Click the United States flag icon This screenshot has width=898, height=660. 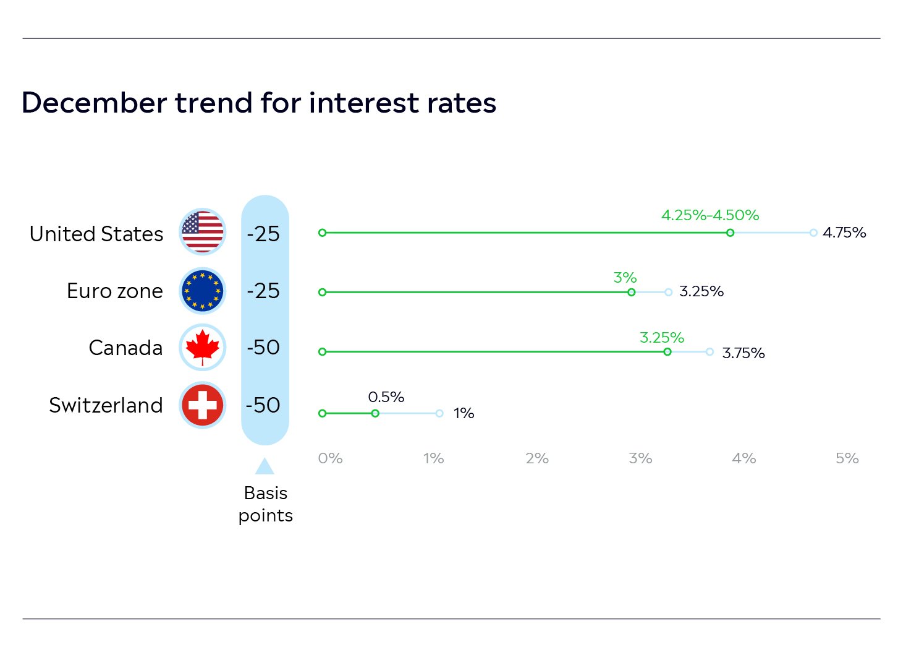point(203,232)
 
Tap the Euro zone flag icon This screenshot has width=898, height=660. point(203,291)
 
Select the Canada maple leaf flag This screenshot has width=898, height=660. point(203,348)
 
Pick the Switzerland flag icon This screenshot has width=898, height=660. point(203,405)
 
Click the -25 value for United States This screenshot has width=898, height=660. point(263,234)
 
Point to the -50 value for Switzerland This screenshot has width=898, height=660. point(263,405)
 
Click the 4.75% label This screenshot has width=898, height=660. point(844,233)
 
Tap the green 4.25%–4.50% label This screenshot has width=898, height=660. point(710,215)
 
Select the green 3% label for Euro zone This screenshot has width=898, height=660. point(625,277)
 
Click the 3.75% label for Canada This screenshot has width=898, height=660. point(743,353)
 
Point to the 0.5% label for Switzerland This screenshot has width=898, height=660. point(386,396)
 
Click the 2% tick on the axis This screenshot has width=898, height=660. point(537,458)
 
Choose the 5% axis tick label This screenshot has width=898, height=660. point(847,458)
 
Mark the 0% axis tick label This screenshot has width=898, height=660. point(330,458)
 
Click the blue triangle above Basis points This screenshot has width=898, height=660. point(265,466)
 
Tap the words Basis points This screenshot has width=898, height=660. point(265,504)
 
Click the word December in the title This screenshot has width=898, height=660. point(94,102)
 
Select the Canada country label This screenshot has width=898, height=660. point(125,348)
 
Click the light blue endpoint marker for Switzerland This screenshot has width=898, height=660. point(439,413)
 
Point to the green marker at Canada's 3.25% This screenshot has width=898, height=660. point(667,352)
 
